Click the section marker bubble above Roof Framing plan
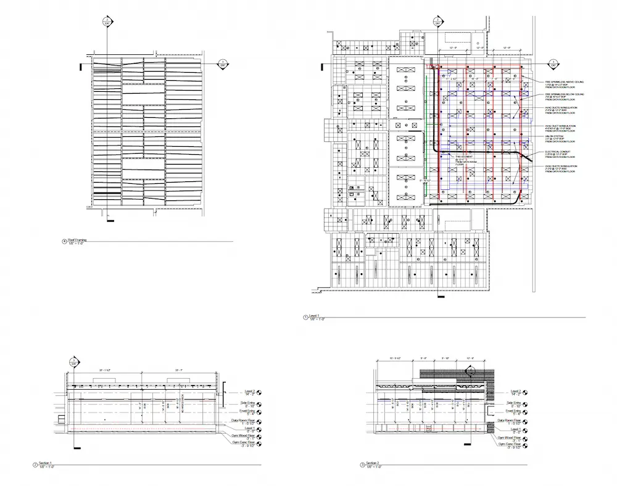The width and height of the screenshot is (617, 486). point(107,22)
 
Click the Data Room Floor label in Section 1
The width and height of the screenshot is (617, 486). point(243,421)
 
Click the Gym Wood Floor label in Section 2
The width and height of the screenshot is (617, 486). point(509,437)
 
